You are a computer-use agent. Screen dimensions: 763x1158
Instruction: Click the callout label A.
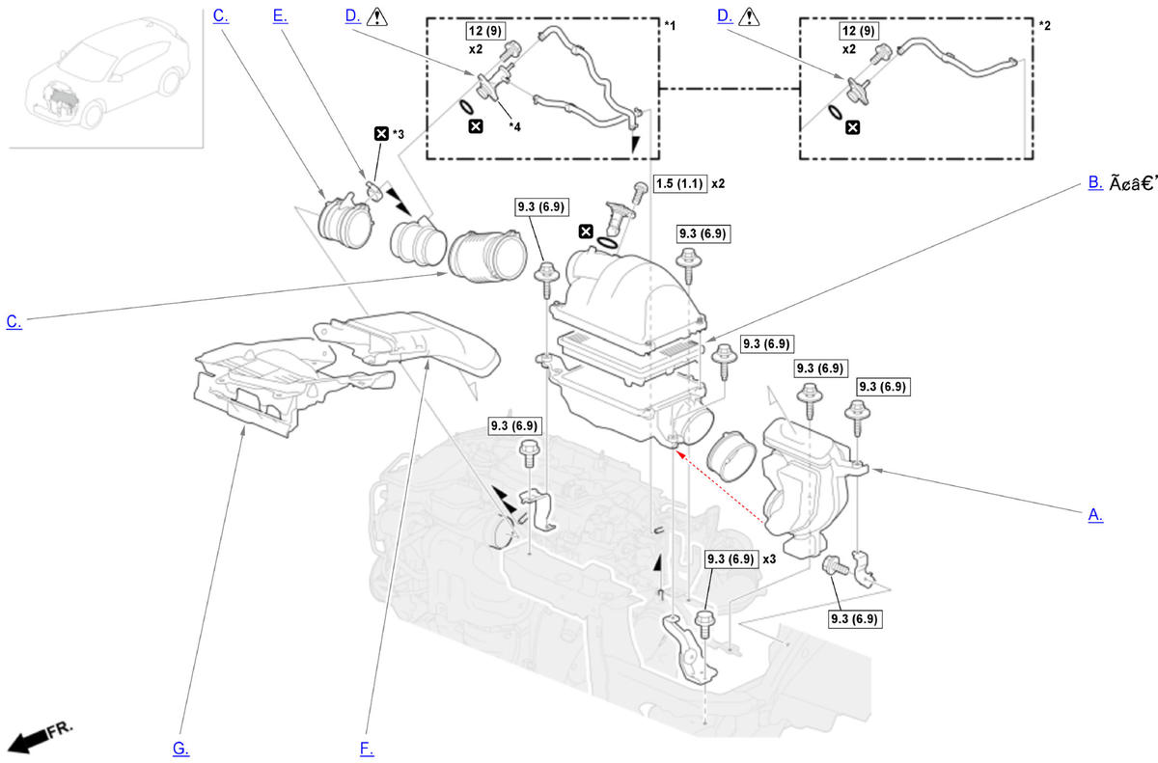point(1095,515)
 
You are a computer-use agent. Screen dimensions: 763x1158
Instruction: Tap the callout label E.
point(280,16)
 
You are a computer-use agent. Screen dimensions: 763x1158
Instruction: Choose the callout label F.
point(366,749)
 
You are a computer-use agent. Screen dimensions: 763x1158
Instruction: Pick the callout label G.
point(180,749)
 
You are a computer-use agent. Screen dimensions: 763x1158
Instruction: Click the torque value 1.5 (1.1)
point(679,183)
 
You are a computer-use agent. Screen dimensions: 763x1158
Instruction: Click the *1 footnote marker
point(670,23)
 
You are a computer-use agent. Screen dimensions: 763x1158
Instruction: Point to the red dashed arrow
point(724,489)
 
